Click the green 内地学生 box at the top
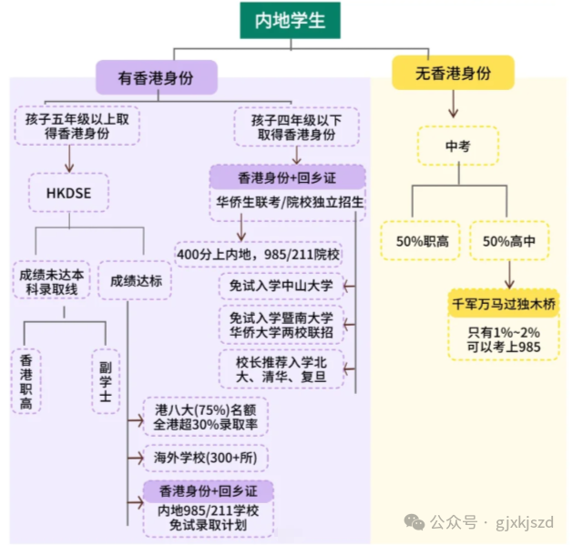(x=291, y=19)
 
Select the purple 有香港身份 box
(x=156, y=76)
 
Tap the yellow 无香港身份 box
(x=453, y=72)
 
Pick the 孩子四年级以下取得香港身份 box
(x=285, y=126)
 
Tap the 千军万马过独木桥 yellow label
(x=504, y=302)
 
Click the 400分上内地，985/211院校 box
(x=258, y=254)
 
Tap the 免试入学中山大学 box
(x=281, y=287)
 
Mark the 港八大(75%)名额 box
(x=205, y=416)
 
